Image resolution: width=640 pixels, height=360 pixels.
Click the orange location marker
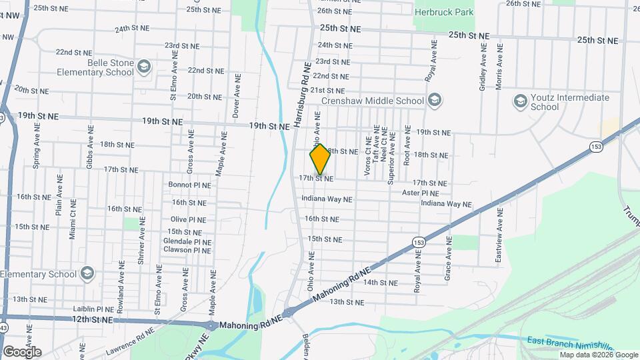tap(320, 159)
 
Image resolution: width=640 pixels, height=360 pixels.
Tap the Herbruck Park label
tap(445, 11)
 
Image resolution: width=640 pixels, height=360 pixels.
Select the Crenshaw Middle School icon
tap(435, 101)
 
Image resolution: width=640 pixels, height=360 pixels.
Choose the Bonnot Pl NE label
tap(189, 185)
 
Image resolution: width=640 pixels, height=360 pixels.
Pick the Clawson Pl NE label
tap(187, 251)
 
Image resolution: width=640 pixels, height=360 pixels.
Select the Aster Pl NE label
tap(420, 193)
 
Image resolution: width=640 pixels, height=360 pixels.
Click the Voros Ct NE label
tap(367, 160)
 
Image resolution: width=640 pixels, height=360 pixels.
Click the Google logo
tap(21, 351)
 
